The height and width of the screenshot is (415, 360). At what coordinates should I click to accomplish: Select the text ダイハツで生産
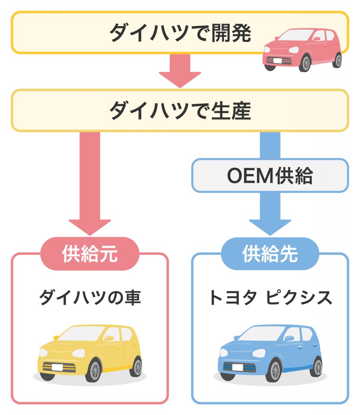(180, 110)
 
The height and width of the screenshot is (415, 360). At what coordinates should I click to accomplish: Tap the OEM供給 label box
(270, 175)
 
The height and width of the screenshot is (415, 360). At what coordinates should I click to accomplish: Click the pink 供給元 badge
(90, 254)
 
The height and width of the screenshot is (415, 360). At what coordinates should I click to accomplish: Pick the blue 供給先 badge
(270, 254)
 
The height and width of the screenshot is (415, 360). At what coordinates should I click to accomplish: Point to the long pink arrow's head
(90, 227)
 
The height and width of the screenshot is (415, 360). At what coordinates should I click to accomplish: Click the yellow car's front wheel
(94, 370)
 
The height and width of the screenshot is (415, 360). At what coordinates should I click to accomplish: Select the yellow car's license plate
(57, 367)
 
